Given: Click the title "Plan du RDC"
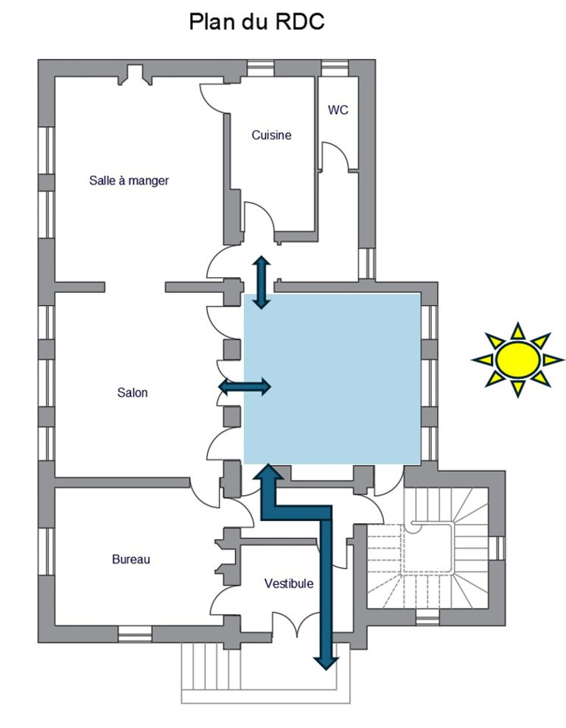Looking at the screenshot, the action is coord(256,22).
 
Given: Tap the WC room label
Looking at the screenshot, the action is coord(338,110).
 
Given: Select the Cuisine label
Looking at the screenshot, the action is coord(271,135).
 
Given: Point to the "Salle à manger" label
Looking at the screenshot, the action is coord(129,180).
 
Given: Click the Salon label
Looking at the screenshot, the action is coord(133,393).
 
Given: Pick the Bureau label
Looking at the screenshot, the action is coord(131,559).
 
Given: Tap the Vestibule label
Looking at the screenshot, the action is coord(289,584).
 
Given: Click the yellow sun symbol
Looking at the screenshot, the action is coord(517,360).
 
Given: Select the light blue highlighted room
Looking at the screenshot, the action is coord(332,379).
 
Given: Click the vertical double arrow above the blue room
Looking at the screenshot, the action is coord(262,282).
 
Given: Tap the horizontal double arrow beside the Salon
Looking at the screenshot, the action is coord(245,386).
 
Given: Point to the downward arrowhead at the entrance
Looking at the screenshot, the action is coord(326,662).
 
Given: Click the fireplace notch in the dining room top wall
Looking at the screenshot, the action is coord(135,75).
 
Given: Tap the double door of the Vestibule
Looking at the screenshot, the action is coord(297,623).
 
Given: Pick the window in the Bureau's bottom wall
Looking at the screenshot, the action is coord(135,634).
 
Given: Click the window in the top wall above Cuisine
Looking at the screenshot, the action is coord(260,68).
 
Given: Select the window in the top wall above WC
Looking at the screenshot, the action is coord(335,68).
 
